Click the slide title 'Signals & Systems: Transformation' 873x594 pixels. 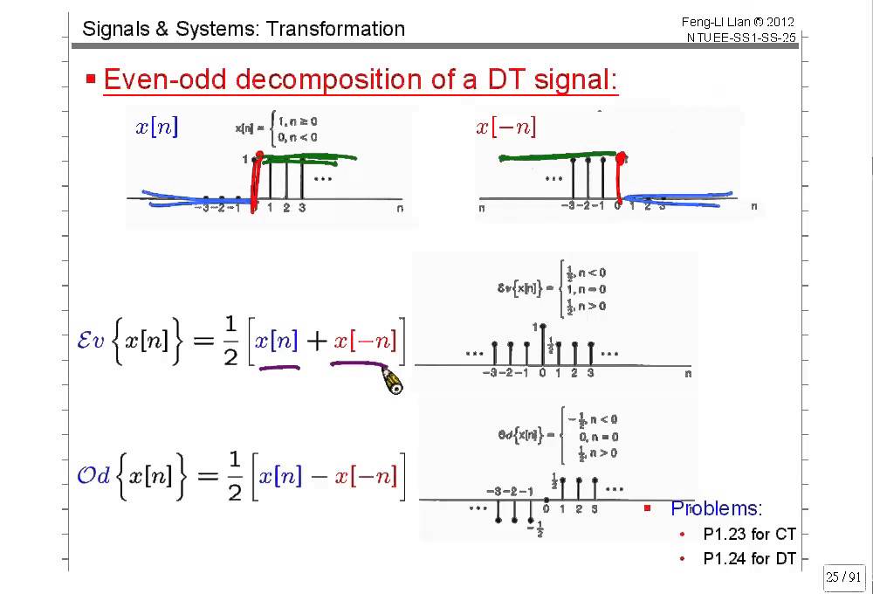click(244, 29)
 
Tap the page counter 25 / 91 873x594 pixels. click(843, 577)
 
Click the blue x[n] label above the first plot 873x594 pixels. click(156, 128)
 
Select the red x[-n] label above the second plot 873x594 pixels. click(506, 128)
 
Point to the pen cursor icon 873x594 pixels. click(393, 381)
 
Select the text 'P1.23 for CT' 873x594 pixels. click(749, 534)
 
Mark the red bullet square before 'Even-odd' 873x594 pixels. click(90, 79)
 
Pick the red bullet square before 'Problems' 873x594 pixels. click(648, 508)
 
